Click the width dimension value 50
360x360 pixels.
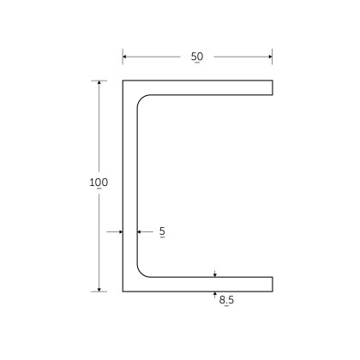(x=197, y=57)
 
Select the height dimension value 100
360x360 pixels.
(x=99, y=183)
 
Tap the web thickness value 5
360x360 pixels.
(x=162, y=231)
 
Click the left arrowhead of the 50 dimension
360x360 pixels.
(x=125, y=57)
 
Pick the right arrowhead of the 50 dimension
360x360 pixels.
(x=270, y=57)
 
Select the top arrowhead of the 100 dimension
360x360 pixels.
(x=99, y=83)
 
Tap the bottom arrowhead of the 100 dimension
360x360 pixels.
(x=99, y=288)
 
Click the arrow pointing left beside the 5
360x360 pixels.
(x=140, y=231)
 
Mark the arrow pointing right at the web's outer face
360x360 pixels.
(x=119, y=231)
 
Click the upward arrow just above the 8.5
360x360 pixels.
(x=214, y=294)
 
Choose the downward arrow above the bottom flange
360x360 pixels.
(x=214, y=274)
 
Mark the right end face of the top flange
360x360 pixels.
(x=273, y=87)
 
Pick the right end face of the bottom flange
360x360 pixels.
(x=273, y=285)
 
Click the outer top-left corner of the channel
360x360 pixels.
(x=123, y=81)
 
